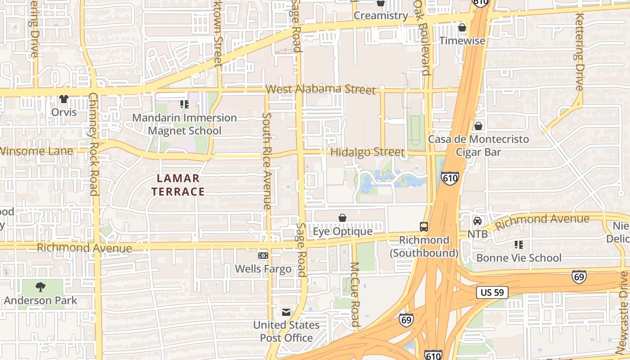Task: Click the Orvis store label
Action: coord(64,112)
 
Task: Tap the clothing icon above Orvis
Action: coord(63,99)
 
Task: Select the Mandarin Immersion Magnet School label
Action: coord(184,124)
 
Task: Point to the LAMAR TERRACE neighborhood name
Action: coord(178,185)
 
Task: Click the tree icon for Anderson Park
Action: coord(40,287)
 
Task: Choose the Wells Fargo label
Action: coord(263,269)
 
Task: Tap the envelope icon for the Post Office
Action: coord(286,312)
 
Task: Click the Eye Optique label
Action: coord(342,231)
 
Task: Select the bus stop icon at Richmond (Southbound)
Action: coord(423,227)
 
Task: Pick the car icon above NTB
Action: coord(477,221)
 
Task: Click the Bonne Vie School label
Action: coord(519,258)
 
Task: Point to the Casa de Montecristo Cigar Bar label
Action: coord(478,146)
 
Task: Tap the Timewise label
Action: coord(462,40)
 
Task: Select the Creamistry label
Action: coord(381,16)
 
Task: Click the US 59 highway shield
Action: coord(492,292)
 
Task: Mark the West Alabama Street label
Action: coord(320,89)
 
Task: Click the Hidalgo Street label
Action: coord(367,152)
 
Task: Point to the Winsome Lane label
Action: coord(36,151)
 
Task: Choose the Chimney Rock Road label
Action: coord(94,144)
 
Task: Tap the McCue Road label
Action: coord(355,294)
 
